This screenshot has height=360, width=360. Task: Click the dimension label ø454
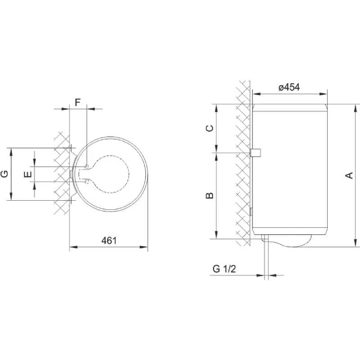coord(289,88)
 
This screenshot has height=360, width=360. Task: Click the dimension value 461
coord(108,240)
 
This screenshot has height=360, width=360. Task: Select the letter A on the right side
coord(348,175)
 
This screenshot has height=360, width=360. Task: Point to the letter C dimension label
coord(209,128)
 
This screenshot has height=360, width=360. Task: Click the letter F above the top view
coord(77,102)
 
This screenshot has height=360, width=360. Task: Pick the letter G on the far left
coord(4,174)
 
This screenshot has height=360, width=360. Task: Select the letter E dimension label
coord(28,174)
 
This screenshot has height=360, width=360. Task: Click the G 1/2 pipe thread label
coord(224,269)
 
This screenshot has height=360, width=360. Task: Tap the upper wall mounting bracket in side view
coord(255,153)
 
